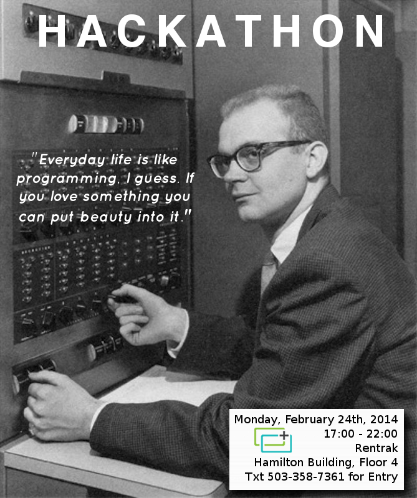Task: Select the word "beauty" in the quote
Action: coord(106,217)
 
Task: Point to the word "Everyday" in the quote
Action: coord(72,160)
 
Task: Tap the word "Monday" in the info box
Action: coord(256,420)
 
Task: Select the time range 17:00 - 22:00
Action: coord(361,434)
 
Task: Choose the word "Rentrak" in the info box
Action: coord(376,448)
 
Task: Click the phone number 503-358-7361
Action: coord(305,477)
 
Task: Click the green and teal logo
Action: coord(273,440)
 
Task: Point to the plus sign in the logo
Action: coord(284,435)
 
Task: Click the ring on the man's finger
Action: coord(32,430)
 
